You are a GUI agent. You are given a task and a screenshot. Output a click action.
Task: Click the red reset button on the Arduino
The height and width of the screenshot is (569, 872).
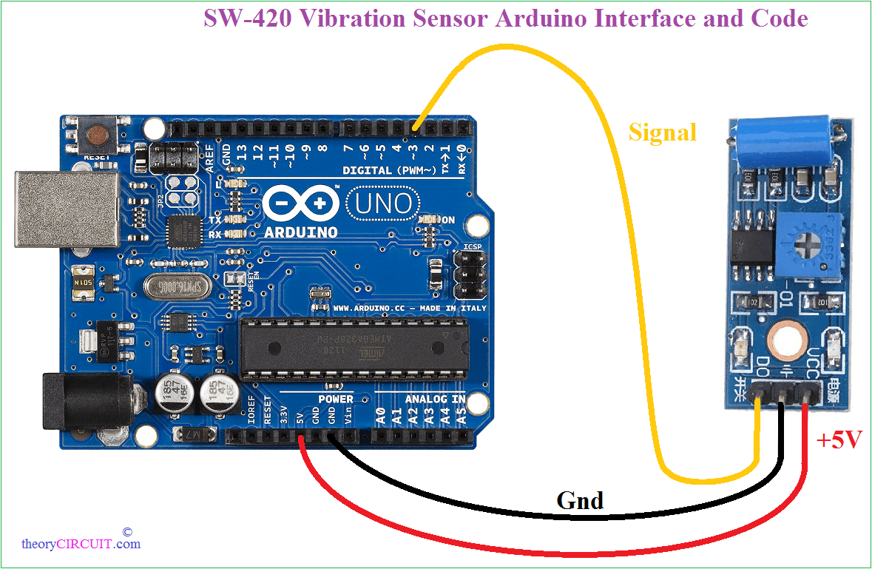point(97,135)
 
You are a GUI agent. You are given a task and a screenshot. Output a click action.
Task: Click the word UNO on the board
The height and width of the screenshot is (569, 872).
point(382,202)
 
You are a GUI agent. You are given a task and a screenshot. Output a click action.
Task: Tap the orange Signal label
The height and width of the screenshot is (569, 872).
point(662,132)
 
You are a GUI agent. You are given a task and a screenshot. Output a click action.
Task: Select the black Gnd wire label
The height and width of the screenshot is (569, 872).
point(579,501)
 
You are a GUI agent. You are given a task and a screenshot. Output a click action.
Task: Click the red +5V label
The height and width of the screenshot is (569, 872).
point(839,441)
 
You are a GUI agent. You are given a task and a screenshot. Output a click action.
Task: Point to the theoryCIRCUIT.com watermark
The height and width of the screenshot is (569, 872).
point(81,544)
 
